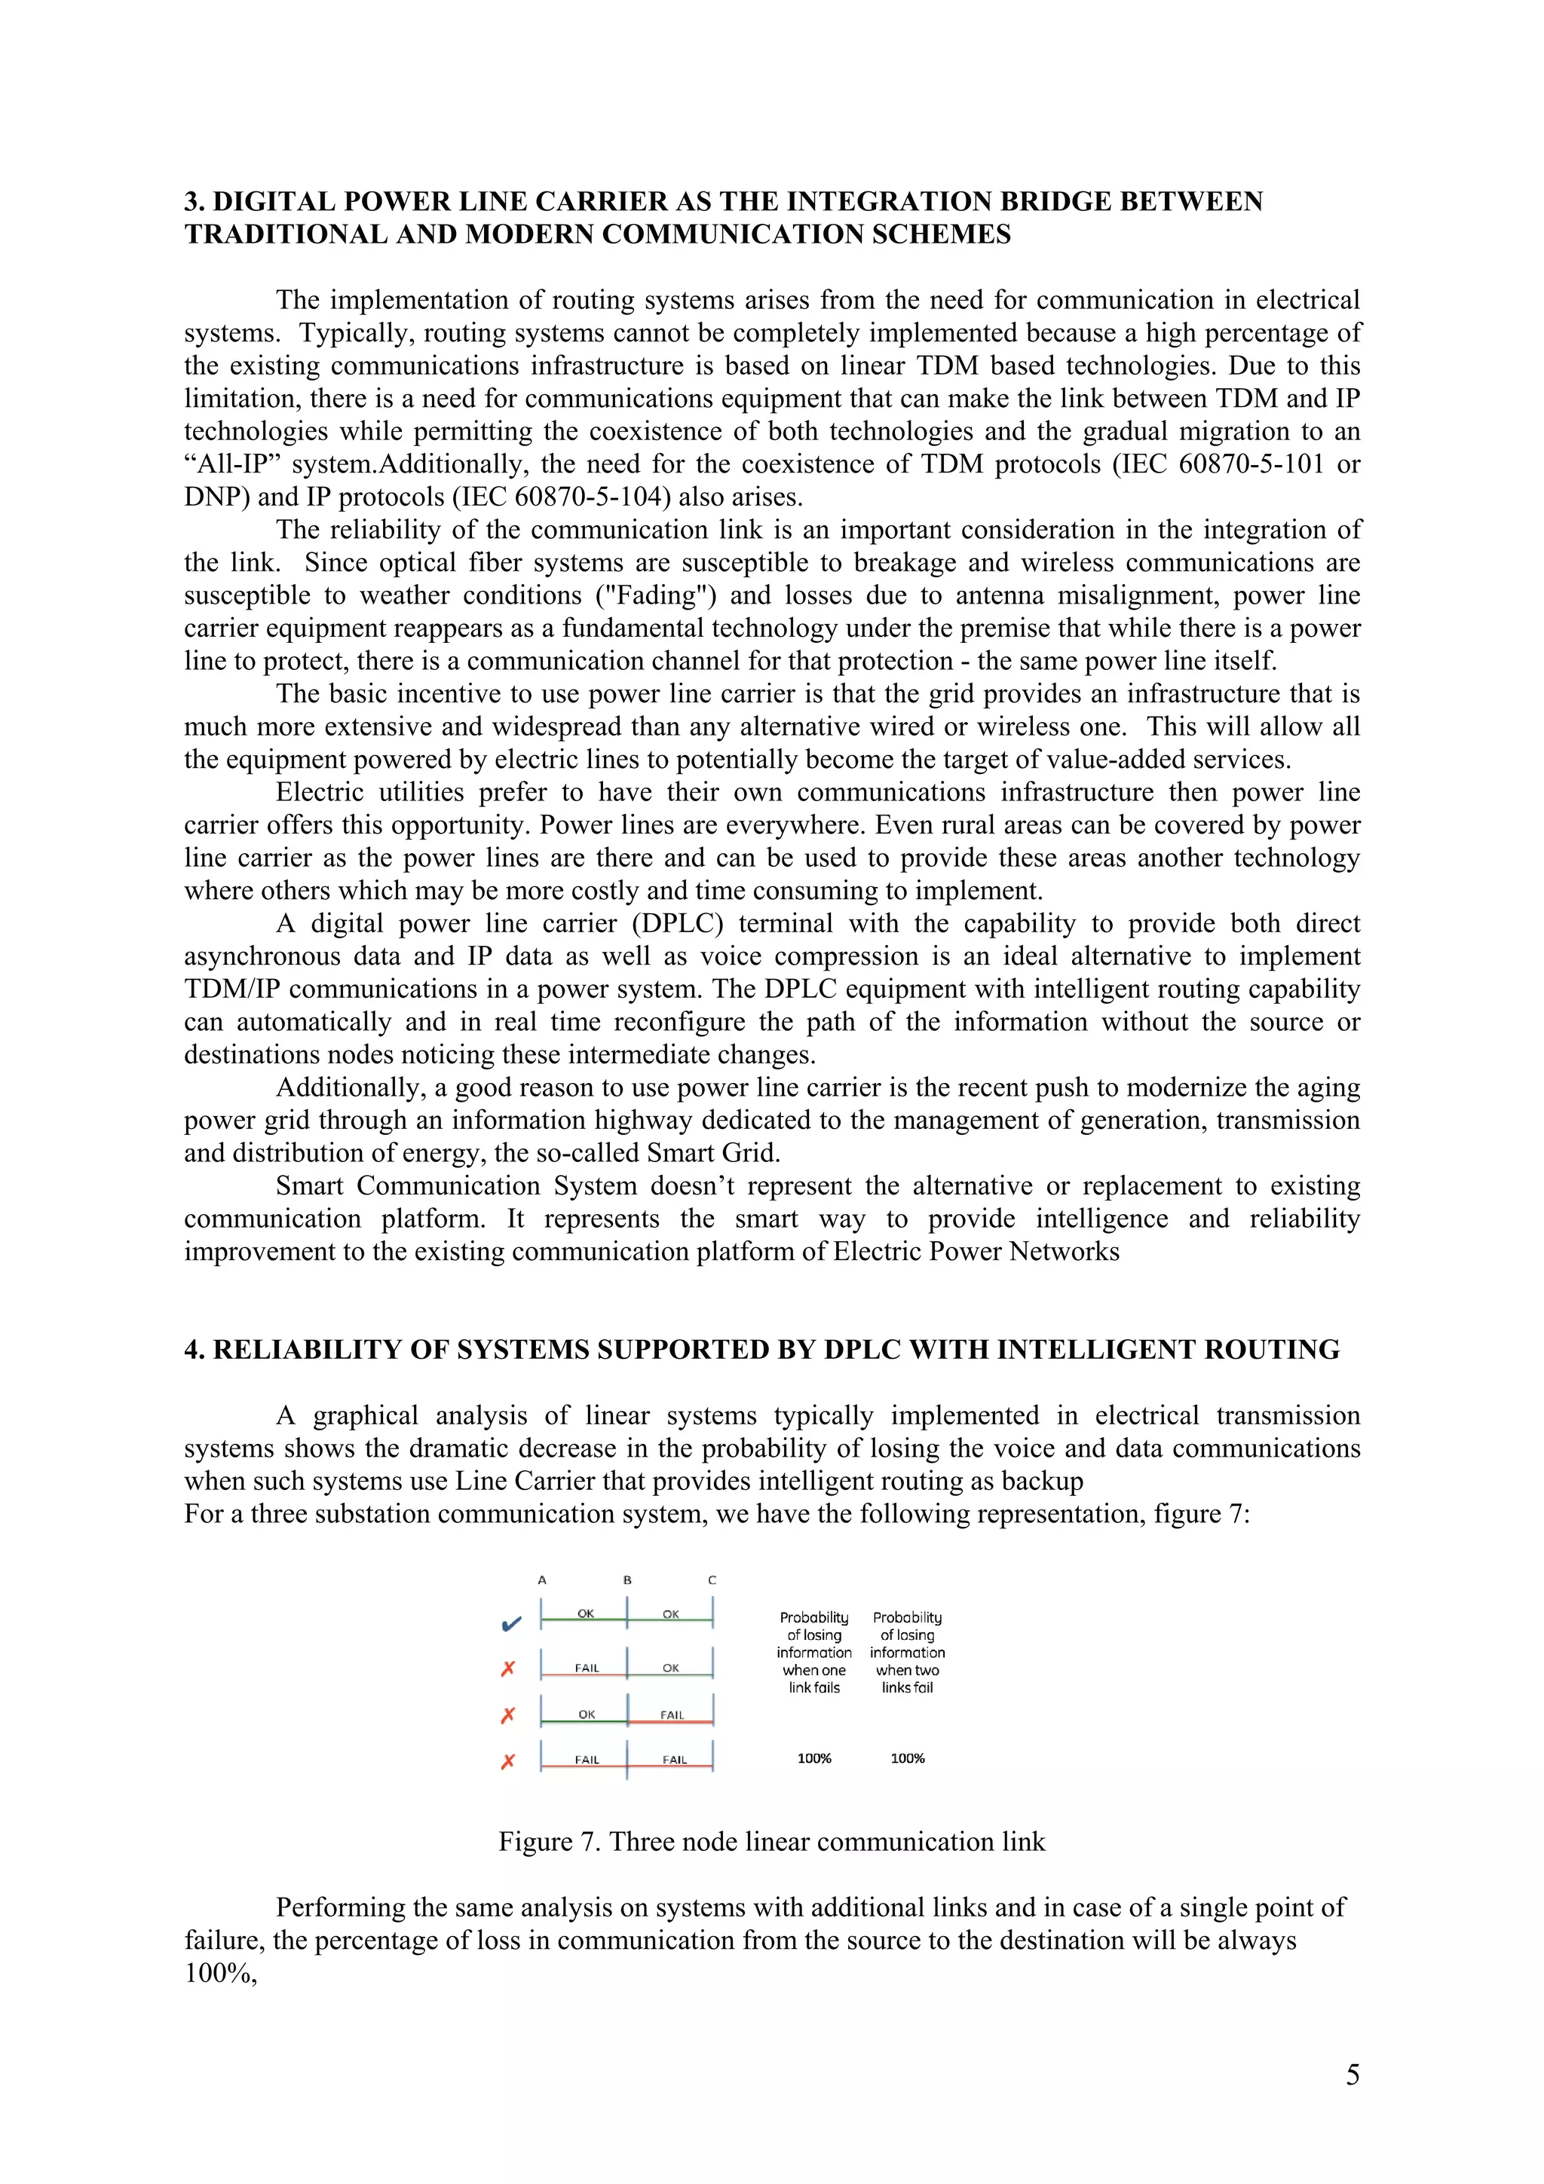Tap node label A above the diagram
coord(542,1580)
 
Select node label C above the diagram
coord(712,1580)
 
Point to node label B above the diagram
coord(627,1580)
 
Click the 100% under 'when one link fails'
coord(814,1758)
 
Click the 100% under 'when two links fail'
coord(908,1758)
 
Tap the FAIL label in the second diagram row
coord(587,1668)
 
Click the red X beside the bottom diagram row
coord(508,1760)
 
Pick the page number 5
coord(1352,2074)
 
